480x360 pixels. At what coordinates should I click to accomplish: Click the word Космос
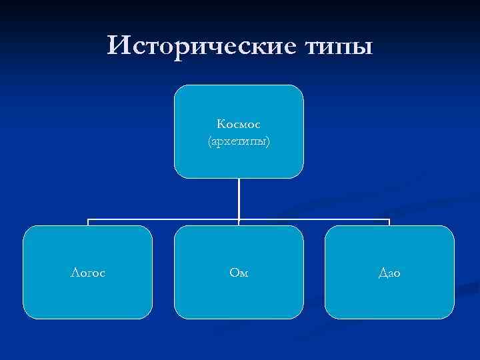coord(239,124)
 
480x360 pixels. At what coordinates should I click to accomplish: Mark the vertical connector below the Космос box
coord(239,198)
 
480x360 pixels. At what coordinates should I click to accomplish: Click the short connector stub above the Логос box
coord(88,223)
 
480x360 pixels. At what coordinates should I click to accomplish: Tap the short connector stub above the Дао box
coord(389,223)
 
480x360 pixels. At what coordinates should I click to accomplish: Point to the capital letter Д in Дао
coord(382,273)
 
